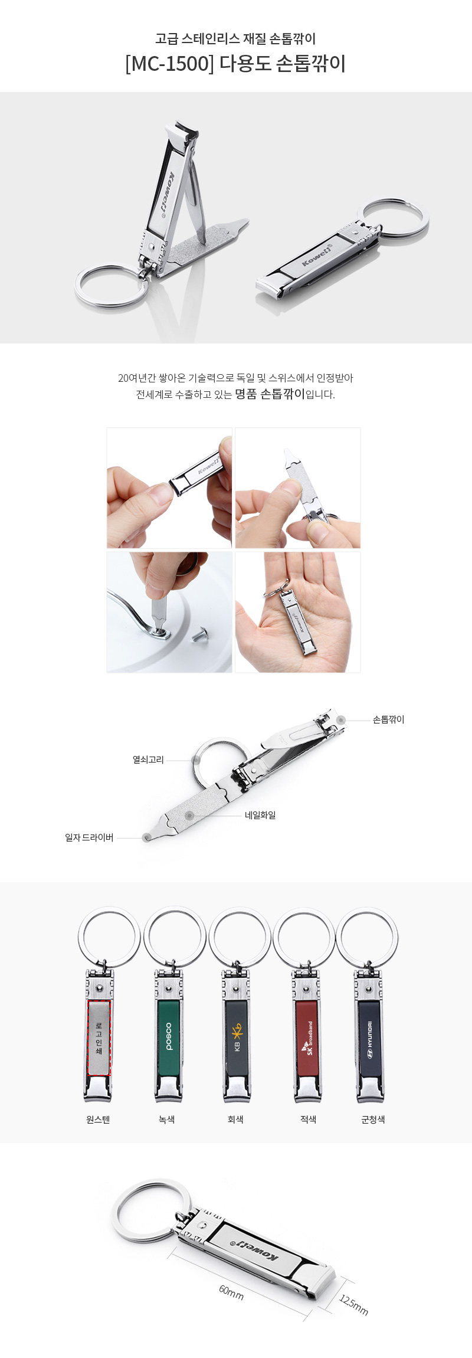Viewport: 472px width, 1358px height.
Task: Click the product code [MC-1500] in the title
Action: click(169, 64)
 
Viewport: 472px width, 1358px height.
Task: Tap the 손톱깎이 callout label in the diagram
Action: click(388, 719)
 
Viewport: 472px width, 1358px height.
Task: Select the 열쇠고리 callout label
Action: click(148, 760)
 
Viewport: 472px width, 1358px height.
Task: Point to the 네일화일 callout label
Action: click(260, 815)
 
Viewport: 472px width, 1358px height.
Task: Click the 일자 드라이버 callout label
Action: click(89, 837)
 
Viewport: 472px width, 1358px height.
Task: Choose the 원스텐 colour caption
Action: click(98, 1120)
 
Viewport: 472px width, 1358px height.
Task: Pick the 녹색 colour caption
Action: click(167, 1120)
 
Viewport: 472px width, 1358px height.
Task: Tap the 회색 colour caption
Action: click(235, 1120)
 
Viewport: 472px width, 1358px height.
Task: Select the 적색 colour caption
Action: click(308, 1120)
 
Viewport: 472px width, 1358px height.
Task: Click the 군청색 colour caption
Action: click(373, 1120)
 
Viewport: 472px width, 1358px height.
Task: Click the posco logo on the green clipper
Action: click(169, 1036)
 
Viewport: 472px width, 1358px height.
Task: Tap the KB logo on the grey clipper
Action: click(237, 1037)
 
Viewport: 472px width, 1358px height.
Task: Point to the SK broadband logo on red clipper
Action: click(308, 1037)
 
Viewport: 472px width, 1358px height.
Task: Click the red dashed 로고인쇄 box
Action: click(99, 1038)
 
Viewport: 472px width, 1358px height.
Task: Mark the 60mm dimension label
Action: click(231, 1292)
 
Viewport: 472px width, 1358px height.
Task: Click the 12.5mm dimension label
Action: click(353, 1305)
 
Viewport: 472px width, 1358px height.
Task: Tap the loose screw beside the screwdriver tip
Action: click(198, 635)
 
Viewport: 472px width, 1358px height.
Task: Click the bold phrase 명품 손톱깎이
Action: click(270, 394)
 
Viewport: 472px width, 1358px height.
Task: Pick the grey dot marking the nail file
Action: click(189, 815)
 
